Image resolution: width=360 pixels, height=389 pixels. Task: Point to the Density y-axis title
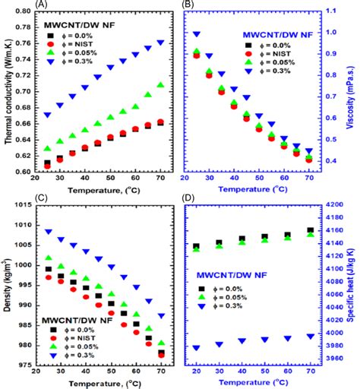(6, 285)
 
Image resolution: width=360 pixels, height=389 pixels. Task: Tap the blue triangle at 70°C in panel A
(160, 43)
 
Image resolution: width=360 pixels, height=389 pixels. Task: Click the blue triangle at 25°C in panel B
(197, 34)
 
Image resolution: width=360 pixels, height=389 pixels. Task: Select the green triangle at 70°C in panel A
(160, 85)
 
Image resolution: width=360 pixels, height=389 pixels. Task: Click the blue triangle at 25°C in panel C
(49, 232)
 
